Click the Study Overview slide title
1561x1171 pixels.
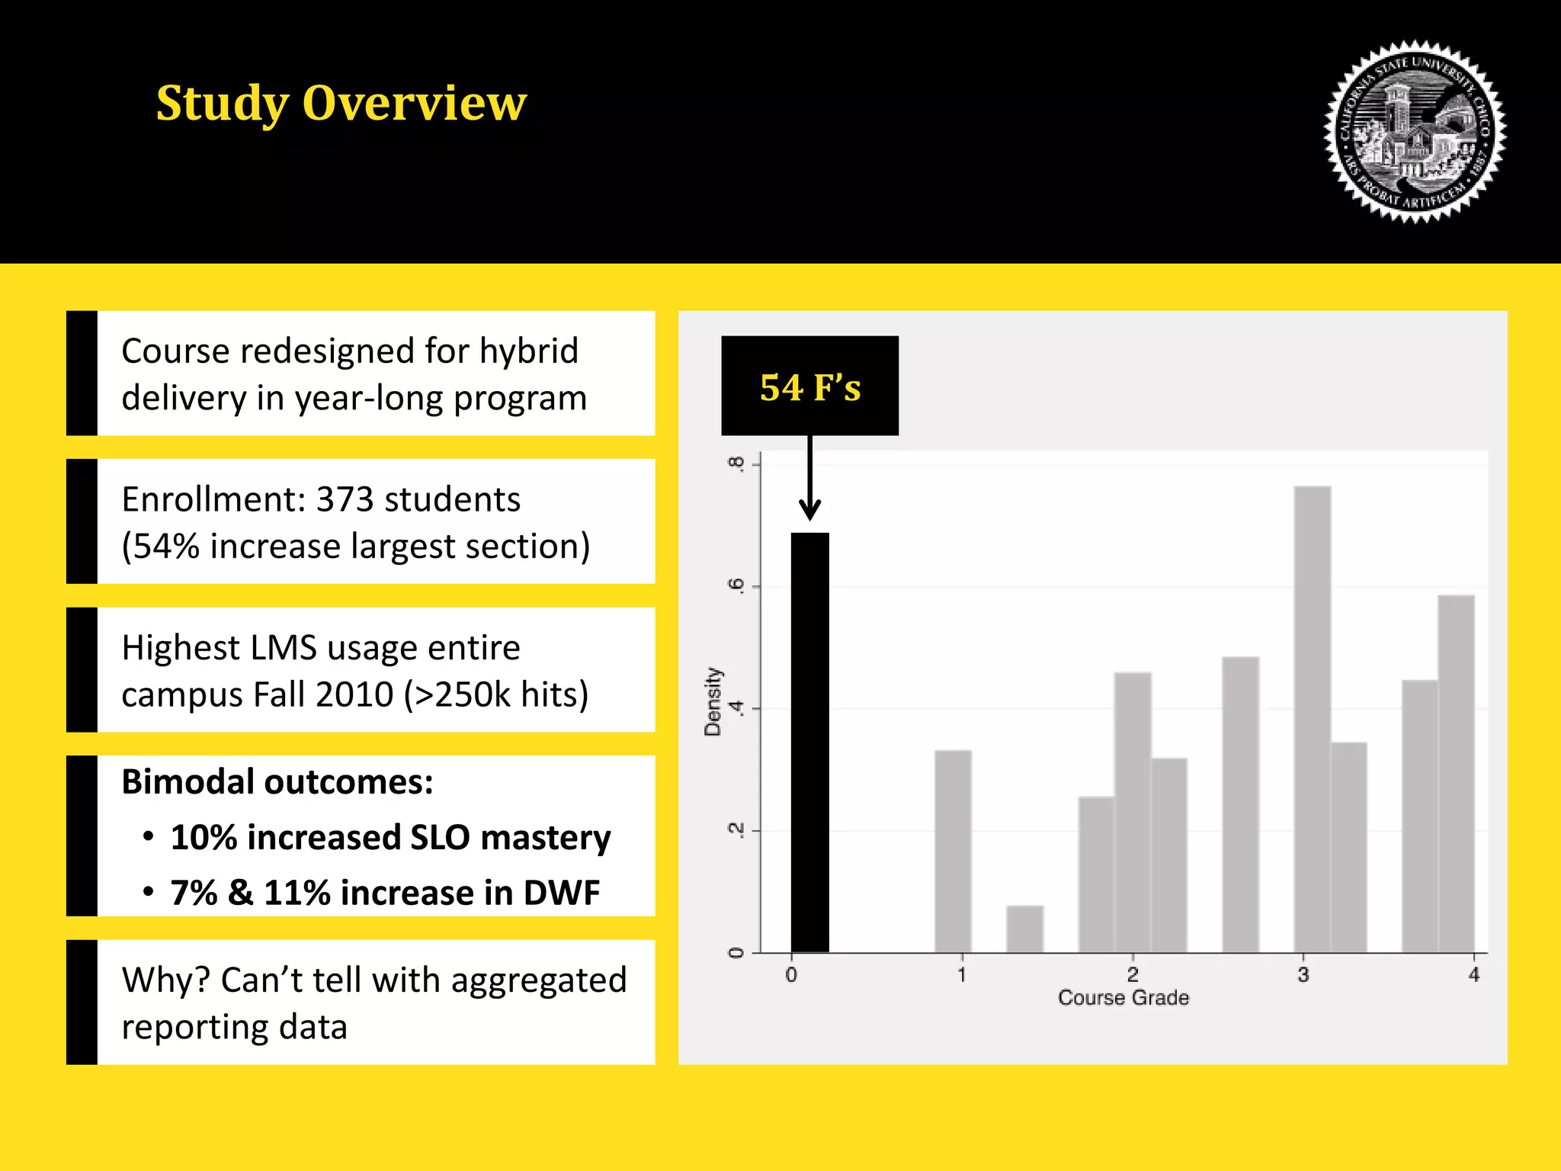tap(341, 103)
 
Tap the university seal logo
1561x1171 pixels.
tap(1415, 131)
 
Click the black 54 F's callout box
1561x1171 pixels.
tap(809, 386)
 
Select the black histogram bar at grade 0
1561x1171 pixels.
tap(809, 743)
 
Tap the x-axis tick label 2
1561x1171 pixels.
tap(1133, 974)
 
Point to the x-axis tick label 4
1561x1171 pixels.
tap(1473, 974)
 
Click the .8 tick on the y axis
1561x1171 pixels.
tap(736, 464)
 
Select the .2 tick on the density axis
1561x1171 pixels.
tap(736, 830)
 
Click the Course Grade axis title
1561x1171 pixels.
tap(1123, 998)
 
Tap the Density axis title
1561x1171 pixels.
tap(713, 701)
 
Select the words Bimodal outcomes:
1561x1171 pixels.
tap(277, 782)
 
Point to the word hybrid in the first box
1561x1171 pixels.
tap(529, 351)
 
